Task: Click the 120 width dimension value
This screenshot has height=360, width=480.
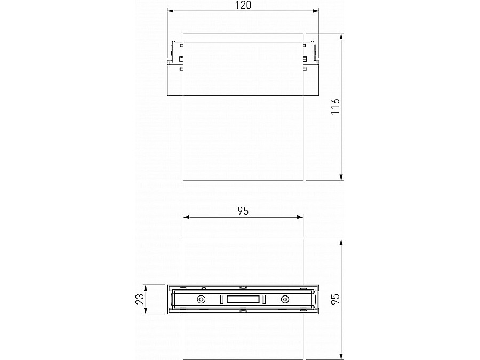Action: (243, 5)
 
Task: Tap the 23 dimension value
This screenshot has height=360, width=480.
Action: (140, 300)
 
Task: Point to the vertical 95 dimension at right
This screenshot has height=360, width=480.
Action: (334, 299)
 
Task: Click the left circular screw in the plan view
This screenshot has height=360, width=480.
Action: (201, 300)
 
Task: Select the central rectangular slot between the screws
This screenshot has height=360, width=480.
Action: (243, 300)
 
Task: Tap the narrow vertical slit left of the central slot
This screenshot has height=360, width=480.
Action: (222, 300)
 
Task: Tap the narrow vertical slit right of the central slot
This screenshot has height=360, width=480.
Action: (264, 300)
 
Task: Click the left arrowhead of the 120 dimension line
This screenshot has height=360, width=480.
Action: (171, 10)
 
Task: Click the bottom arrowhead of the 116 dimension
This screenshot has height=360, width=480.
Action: (341, 178)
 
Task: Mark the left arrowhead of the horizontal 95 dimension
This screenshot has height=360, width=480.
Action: (186, 217)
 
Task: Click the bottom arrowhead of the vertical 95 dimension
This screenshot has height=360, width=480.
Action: (341, 357)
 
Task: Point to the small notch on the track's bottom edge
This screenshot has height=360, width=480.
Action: (243, 311)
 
